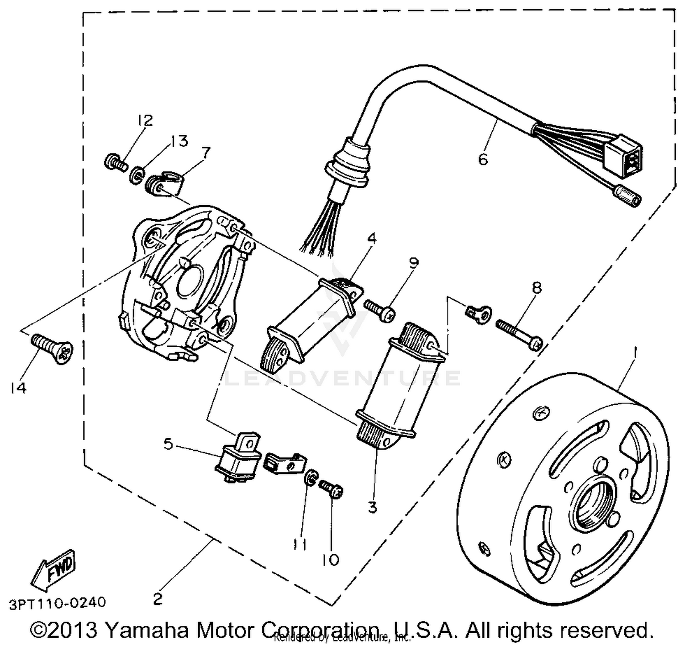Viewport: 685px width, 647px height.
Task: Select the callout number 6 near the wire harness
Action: pos(483,159)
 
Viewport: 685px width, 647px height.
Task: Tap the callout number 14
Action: pos(18,388)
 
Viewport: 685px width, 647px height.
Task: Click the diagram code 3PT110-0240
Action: pos(57,603)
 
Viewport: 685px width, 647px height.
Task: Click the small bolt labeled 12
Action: pos(116,163)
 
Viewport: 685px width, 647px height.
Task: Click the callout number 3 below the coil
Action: pos(372,507)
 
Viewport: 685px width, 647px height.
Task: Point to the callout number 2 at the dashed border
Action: pos(158,599)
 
